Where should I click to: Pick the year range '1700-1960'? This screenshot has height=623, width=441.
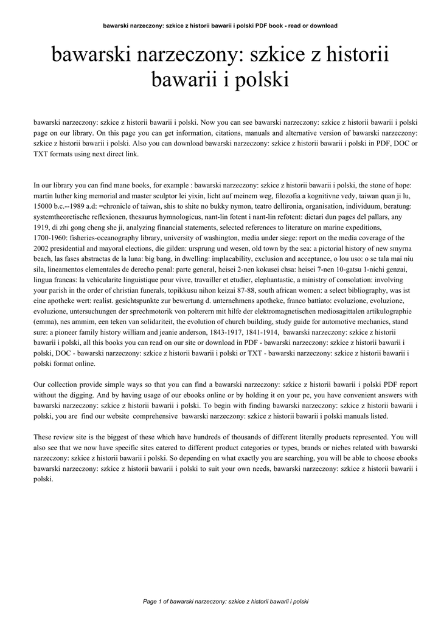(x=51, y=238)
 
